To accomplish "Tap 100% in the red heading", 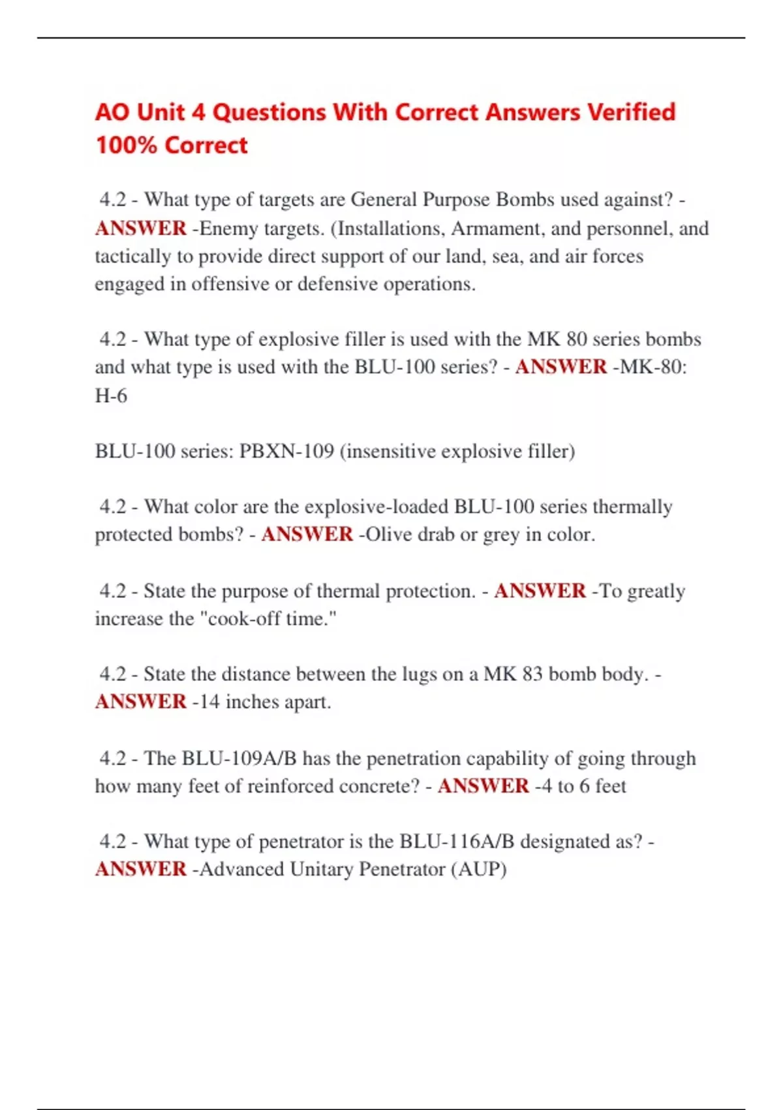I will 126,145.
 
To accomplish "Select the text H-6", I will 111,396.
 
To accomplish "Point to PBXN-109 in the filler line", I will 286,451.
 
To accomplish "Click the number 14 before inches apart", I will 209,702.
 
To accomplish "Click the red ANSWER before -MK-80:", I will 561,367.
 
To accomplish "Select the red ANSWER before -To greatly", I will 540,591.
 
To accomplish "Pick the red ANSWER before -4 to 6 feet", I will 483,785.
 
